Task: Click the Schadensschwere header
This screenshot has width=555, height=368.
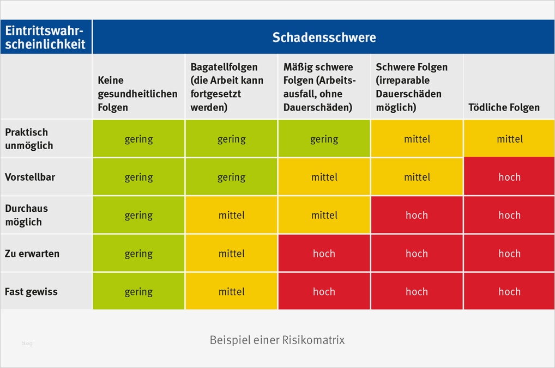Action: [x=324, y=38]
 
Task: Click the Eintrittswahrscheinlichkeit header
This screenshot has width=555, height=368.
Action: [x=46, y=38]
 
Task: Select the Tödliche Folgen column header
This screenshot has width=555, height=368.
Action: [x=504, y=107]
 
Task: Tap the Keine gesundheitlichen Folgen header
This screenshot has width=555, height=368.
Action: [x=137, y=94]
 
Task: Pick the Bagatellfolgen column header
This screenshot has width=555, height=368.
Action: [x=227, y=87]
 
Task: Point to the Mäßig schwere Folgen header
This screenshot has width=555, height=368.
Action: [x=319, y=87]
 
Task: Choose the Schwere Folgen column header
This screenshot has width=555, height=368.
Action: [x=412, y=87]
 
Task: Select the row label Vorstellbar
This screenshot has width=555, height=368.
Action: [x=30, y=177]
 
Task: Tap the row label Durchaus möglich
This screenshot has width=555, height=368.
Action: [x=26, y=215]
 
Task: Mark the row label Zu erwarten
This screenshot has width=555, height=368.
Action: [x=32, y=254]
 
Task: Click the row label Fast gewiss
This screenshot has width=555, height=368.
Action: [x=31, y=292]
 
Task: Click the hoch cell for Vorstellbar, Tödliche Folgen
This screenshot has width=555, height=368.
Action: [x=509, y=177]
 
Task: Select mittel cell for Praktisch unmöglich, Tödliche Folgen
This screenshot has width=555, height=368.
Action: [x=509, y=139]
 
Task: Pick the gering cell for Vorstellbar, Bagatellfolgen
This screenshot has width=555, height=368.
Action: [x=231, y=177]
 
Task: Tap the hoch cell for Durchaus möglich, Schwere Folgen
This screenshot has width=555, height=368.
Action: [x=417, y=215]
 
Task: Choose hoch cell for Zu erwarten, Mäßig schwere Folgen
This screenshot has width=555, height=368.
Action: [x=324, y=254]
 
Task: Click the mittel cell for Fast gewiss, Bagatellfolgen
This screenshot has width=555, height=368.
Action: [x=231, y=292]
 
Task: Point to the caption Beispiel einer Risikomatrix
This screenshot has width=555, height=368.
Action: [x=277, y=340]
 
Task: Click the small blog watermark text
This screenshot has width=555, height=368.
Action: [x=27, y=344]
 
